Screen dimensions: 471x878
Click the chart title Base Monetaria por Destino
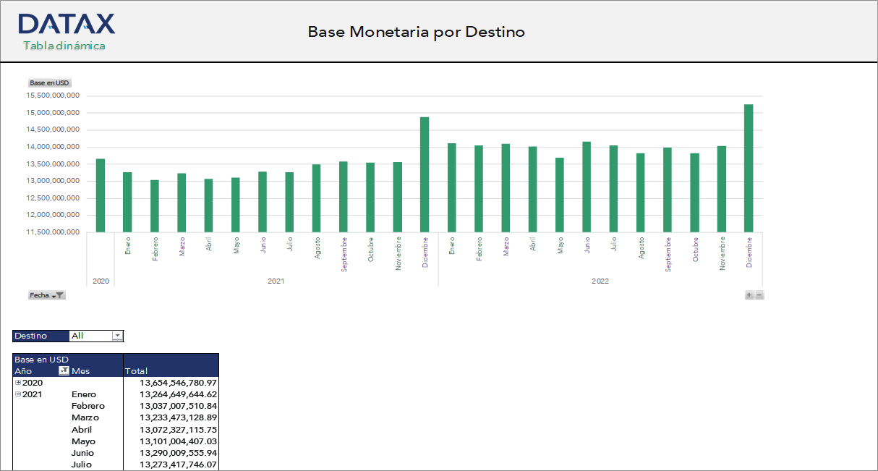[x=416, y=32]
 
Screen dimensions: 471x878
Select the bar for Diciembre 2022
[x=749, y=168]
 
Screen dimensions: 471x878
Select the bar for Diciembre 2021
[x=425, y=174]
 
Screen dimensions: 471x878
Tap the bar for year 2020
[x=101, y=195]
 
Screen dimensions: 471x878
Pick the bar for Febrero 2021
[x=155, y=205]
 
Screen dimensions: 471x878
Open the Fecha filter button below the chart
[x=47, y=295]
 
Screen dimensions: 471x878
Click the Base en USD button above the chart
[x=49, y=83]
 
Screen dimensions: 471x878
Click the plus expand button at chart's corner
[x=749, y=295]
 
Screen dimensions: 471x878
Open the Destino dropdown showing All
[x=117, y=336]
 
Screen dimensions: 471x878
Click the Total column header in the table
[x=137, y=371]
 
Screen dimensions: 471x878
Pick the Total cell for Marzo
[x=178, y=418]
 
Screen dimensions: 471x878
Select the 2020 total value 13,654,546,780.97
[x=178, y=383]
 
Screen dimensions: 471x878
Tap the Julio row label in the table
[x=82, y=464]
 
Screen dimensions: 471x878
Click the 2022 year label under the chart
[x=600, y=281]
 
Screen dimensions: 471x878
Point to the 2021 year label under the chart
[x=276, y=281]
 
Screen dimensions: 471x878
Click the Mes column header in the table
[x=81, y=371]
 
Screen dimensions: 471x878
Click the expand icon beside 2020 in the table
[x=18, y=383]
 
